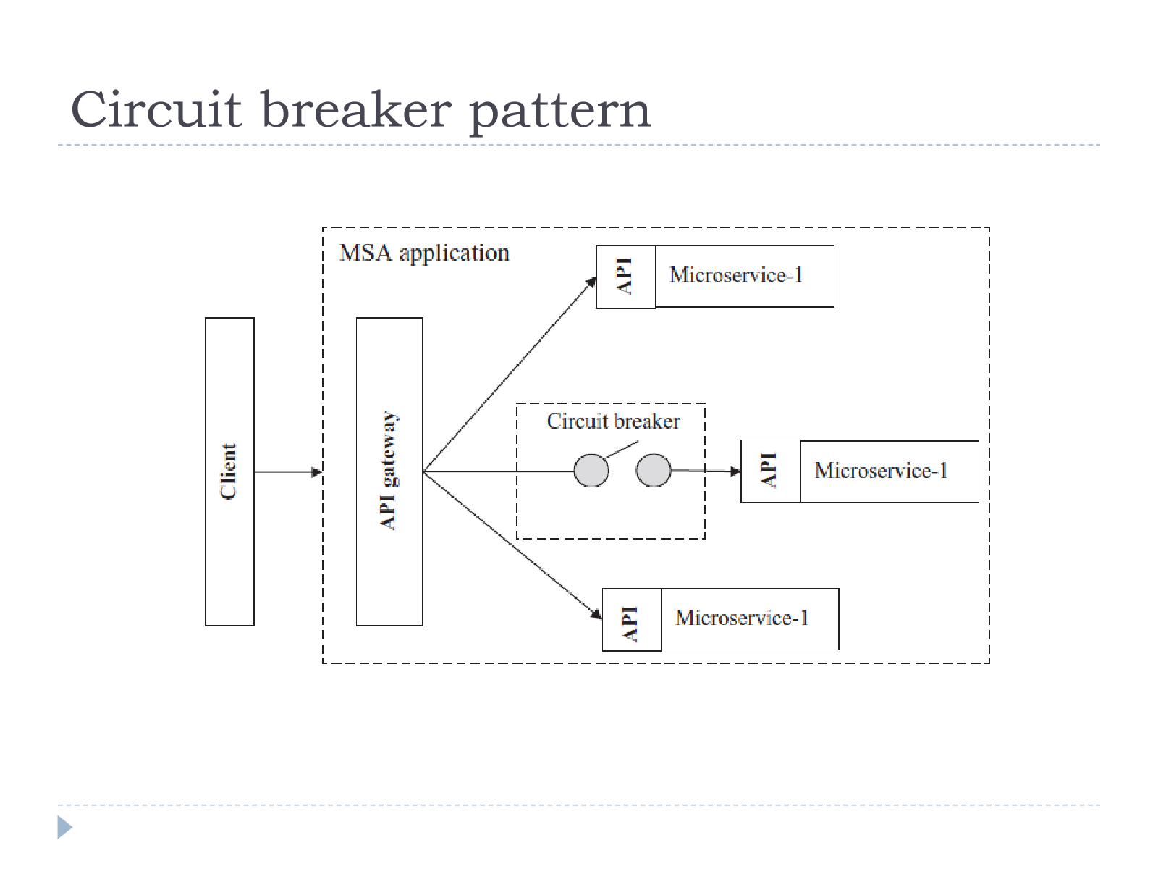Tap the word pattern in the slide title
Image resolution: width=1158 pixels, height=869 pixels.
click(560, 112)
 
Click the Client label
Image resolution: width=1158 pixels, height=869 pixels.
click(229, 471)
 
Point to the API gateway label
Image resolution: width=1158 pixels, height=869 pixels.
click(389, 471)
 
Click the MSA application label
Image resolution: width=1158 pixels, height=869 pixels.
click(424, 253)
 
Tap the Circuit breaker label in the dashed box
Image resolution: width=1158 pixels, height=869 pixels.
click(613, 421)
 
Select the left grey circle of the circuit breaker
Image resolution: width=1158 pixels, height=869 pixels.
click(591, 470)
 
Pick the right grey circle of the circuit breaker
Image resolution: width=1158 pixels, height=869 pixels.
click(653, 469)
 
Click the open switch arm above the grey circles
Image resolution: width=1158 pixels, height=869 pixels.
click(622, 450)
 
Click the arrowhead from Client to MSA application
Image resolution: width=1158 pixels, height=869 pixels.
click(316, 471)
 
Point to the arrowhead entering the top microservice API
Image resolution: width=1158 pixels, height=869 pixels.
click(591, 283)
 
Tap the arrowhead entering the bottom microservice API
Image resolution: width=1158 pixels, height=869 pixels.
click(596, 613)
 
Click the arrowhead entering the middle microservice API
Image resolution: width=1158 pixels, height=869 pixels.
click(735, 471)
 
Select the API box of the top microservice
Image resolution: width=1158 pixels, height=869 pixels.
click(626, 277)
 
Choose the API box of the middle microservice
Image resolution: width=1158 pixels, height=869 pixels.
click(771, 471)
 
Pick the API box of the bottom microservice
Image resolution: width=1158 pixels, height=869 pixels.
click(632, 619)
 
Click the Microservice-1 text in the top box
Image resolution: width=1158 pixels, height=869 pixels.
click(736, 275)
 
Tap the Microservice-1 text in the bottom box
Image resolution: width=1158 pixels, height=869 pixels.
click(742, 618)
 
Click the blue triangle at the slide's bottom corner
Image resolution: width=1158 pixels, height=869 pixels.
click(64, 827)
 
